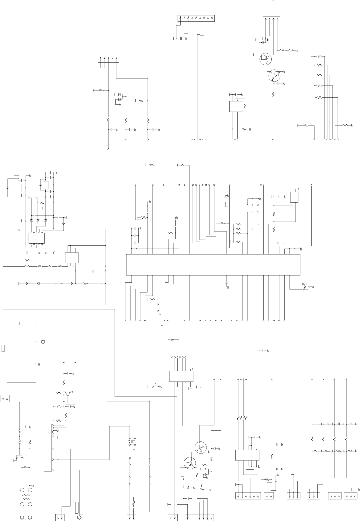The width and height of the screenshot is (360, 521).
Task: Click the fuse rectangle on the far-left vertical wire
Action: [3, 348]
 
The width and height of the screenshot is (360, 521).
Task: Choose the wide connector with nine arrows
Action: [196, 18]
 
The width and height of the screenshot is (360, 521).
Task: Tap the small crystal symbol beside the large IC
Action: [304, 289]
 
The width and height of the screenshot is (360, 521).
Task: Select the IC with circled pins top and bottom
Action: [36, 238]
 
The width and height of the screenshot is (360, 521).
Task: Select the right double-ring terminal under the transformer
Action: [30, 516]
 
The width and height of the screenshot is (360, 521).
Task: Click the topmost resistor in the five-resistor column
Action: [320, 56]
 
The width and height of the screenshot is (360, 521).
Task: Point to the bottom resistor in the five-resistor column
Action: [320, 97]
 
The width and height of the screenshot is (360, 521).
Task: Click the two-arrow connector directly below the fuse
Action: [6, 398]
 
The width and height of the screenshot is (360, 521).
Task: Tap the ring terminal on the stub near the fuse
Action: [43, 342]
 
